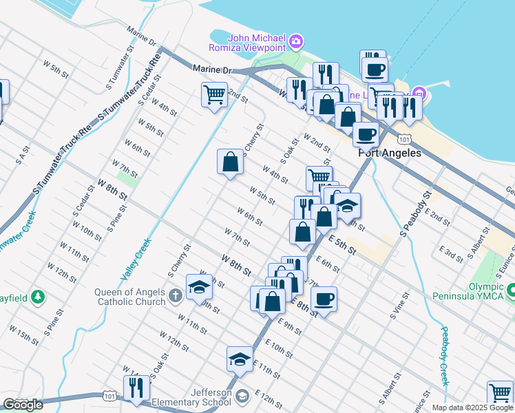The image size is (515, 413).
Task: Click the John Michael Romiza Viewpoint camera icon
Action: (296, 42)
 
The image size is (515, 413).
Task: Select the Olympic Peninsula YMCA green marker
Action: (511, 291)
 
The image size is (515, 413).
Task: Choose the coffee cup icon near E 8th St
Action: (324, 299)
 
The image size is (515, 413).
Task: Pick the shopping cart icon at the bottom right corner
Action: (500, 393)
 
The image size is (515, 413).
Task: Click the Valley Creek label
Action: (136, 259)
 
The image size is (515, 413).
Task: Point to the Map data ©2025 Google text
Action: (472, 407)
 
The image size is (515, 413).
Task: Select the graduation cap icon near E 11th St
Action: (240, 359)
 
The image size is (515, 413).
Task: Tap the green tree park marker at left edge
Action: (39, 297)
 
